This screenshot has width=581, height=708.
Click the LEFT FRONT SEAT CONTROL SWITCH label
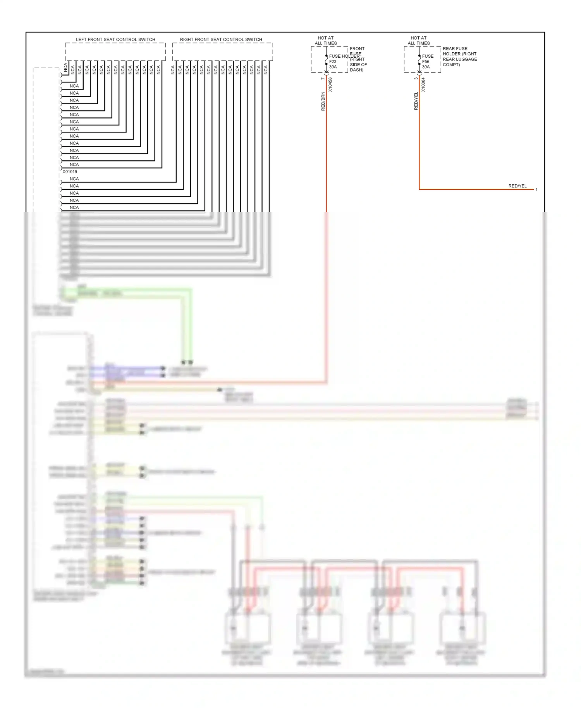[115, 40]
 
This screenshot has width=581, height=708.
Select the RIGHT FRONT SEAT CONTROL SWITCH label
[221, 40]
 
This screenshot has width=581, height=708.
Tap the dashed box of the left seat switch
[115, 52]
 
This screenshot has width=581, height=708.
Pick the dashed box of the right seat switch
[222, 52]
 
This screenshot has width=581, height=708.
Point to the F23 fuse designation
[333, 62]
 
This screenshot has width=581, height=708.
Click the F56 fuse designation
[426, 62]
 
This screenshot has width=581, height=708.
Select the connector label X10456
[330, 85]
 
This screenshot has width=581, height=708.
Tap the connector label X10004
[423, 85]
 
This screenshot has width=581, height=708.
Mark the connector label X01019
[70, 172]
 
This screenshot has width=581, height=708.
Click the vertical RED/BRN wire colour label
[323, 101]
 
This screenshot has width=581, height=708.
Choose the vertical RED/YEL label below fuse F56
[416, 101]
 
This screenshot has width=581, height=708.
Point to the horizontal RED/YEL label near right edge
[517, 186]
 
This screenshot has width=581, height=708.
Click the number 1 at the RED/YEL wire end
[536, 190]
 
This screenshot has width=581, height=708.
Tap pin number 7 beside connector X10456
[323, 79]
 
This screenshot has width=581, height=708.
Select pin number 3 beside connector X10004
[416, 79]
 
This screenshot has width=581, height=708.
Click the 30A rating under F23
[333, 67]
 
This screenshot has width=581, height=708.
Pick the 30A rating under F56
[426, 67]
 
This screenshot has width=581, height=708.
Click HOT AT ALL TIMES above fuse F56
[419, 41]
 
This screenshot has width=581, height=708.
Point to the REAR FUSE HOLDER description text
[460, 57]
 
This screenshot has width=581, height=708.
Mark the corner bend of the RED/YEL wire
[419, 189]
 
